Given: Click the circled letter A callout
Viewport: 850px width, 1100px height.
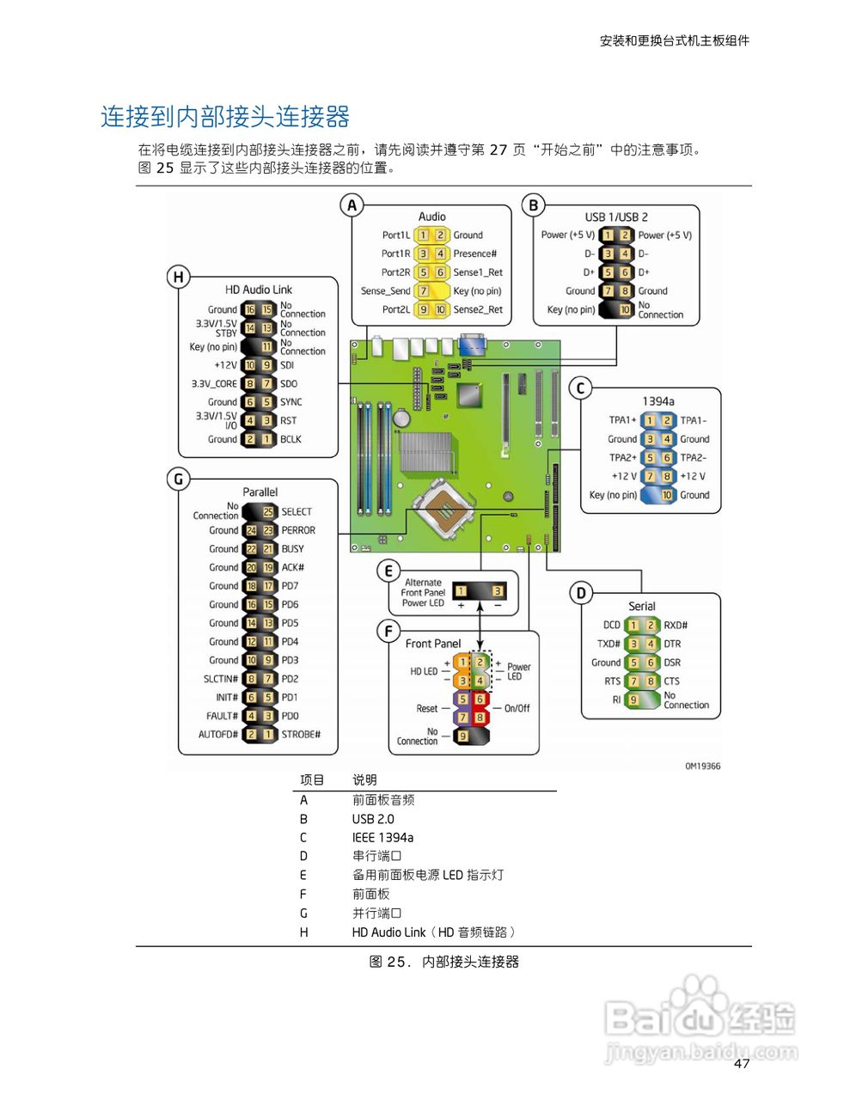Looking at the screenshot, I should pyautogui.click(x=352, y=205).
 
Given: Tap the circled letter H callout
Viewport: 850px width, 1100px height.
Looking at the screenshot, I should pyautogui.click(x=178, y=277).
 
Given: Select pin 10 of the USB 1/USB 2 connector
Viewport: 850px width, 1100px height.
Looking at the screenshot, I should pyautogui.click(x=625, y=309).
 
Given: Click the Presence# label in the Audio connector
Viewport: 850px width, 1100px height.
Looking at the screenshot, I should pyautogui.click(x=475, y=254).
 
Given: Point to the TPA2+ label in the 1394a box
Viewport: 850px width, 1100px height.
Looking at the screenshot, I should pyautogui.click(x=622, y=458).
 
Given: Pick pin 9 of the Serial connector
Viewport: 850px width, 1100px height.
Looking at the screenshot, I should pyautogui.click(x=633, y=700).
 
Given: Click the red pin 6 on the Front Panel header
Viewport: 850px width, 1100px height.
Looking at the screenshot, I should pyautogui.click(x=480, y=699).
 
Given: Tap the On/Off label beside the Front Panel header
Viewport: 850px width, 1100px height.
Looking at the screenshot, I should pyautogui.click(x=517, y=709).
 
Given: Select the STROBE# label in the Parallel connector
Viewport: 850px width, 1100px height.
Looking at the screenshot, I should pyautogui.click(x=301, y=735).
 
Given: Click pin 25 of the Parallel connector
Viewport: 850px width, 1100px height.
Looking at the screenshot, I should pyautogui.click(x=268, y=512).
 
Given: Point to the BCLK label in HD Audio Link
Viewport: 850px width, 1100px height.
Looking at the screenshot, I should pyautogui.click(x=290, y=439).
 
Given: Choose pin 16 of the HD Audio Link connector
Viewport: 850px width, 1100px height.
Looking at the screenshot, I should pyautogui.click(x=250, y=309).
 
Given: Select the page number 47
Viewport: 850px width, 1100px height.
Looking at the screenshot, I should pyautogui.click(x=742, y=1064).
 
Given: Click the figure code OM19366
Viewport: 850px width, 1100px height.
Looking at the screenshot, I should pyautogui.click(x=702, y=766).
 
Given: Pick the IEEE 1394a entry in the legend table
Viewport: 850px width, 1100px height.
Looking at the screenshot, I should pyautogui.click(x=382, y=838).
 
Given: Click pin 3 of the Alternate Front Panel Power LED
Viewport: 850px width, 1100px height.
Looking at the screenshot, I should pyautogui.click(x=497, y=591).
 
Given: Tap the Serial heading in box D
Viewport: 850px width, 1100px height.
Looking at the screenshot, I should pyautogui.click(x=641, y=606).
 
